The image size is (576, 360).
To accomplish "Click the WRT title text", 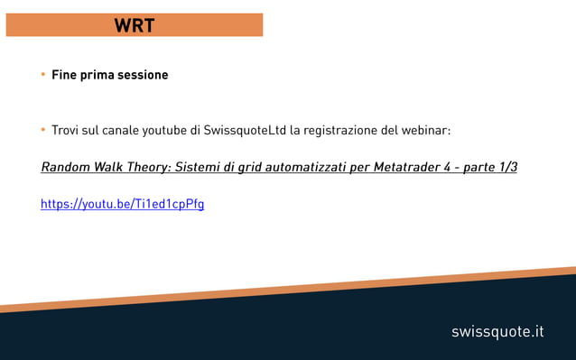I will click(x=134, y=25).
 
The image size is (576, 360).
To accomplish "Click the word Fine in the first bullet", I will click(x=64, y=75).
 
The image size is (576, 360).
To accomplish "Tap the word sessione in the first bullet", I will click(x=141, y=75).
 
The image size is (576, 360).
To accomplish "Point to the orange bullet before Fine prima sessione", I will click(x=42, y=75).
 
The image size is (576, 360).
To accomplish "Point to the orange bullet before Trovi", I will click(x=42, y=131).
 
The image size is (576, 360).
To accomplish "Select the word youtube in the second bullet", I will click(x=164, y=131).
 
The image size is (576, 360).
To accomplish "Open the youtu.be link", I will click(x=123, y=205).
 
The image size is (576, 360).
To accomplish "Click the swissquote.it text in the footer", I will click(x=497, y=332).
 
